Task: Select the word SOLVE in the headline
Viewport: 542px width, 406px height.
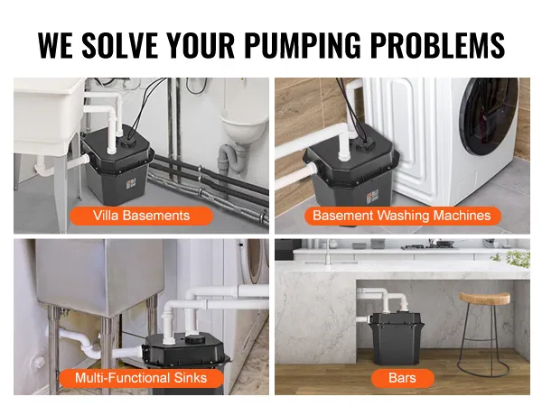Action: [119, 45]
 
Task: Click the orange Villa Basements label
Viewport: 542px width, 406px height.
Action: [142, 216]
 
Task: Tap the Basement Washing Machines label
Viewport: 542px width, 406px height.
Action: [402, 216]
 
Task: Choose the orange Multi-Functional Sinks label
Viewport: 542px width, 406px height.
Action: [141, 378]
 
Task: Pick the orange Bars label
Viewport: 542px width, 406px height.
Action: [402, 378]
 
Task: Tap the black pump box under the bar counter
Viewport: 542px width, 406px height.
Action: [397, 338]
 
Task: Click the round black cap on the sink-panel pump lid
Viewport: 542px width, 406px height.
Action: [195, 340]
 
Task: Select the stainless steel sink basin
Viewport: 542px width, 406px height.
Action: [100, 276]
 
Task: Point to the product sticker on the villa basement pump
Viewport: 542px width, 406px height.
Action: [131, 184]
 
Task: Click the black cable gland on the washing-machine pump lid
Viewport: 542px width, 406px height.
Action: [363, 144]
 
